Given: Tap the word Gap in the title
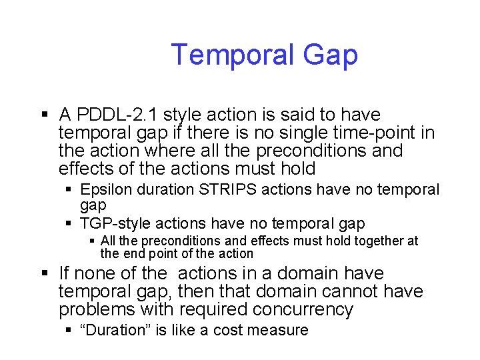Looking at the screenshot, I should click(x=329, y=55).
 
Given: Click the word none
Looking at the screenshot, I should click(x=97, y=273).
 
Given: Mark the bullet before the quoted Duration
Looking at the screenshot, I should click(x=69, y=331).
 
